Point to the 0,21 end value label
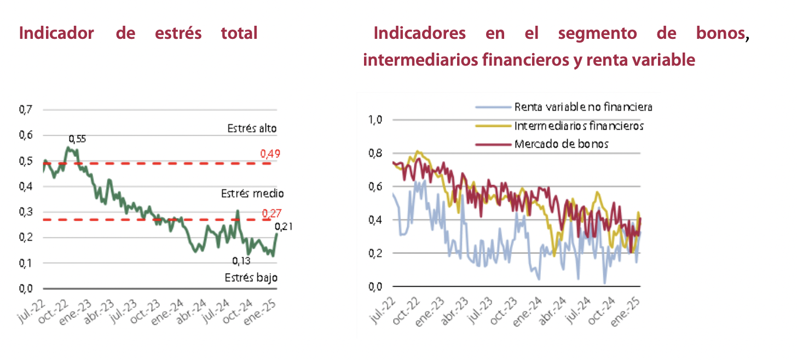pyautogui.click(x=282, y=227)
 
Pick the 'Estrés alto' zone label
pyautogui.click(x=252, y=129)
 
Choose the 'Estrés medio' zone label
pyautogui.click(x=252, y=194)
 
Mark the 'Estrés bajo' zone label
pyautogui.click(x=251, y=277)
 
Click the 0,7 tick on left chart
pyautogui.click(x=26, y=110)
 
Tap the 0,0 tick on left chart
pyautogui.click(x=26, y=288)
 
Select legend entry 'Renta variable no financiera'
pyautogui.click(x=583, y=107)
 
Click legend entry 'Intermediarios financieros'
pyautogui.click(x=579, y=126)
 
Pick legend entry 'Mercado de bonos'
pyautogui.click(x=562, y=144)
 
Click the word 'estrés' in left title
pyautogui.click(x=178, y=33)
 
